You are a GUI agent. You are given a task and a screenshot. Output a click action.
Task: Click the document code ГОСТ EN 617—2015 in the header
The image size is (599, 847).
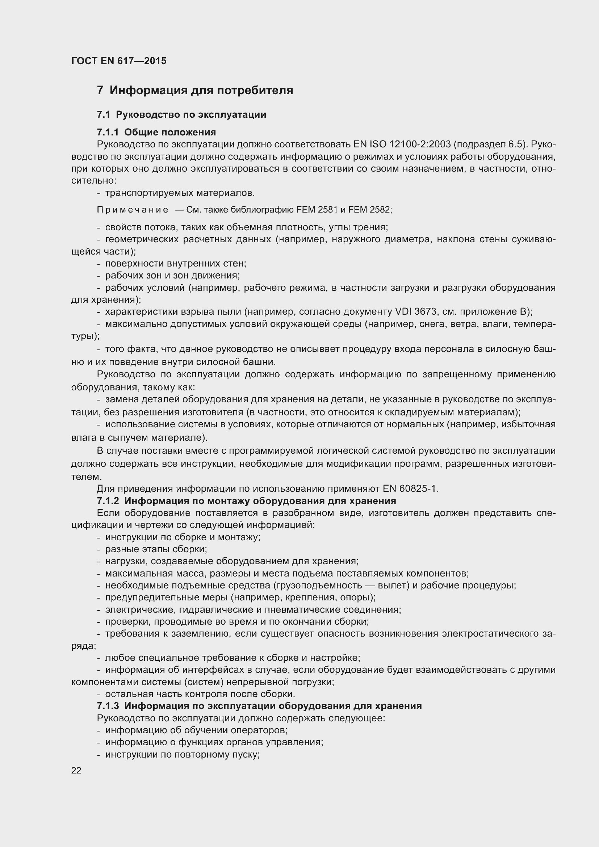point(119,61)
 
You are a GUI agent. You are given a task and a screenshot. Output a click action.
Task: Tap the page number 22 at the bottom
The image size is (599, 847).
point(76,770)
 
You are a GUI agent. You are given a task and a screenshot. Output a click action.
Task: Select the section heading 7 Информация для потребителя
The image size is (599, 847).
point(195,91)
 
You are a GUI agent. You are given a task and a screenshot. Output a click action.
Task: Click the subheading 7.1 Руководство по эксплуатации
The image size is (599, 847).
point(181,115)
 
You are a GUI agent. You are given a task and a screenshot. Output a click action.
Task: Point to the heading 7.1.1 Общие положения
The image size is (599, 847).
point(156,132)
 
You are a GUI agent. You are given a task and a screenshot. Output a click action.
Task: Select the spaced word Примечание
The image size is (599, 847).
point(133,210)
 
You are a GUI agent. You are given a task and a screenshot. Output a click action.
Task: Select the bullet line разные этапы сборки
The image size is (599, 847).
point(156,549)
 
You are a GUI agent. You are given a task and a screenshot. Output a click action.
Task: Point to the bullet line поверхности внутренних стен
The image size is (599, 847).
point(176,263)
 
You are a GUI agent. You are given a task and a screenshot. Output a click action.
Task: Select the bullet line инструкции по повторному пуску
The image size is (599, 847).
point(183,754)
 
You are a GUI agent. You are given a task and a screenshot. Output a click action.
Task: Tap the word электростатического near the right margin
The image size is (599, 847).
point(490,633)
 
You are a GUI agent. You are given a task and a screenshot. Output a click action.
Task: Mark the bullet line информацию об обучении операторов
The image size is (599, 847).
point(196,730)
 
